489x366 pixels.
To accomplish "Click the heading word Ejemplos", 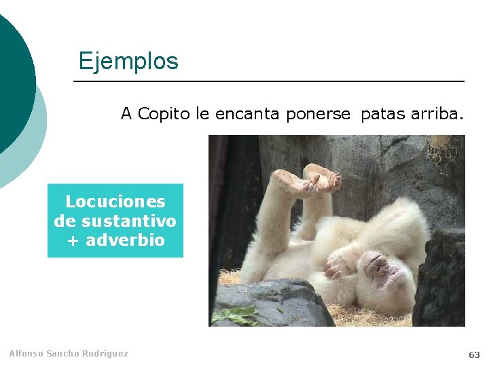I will (x=128, y=61).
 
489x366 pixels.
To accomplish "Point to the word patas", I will (x=383, y=114).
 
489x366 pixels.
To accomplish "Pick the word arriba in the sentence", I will (x=437, y=114).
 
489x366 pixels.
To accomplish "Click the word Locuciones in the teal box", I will (x=115, y=202).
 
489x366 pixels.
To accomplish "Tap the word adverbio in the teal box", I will (x=125, y=240).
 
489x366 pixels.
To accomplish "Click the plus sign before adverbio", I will (x=73, y=241).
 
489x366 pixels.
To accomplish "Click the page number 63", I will (x=474, y=354).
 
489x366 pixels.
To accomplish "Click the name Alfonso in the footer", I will (x=26, y=354).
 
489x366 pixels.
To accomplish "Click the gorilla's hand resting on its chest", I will (x=340, y=264).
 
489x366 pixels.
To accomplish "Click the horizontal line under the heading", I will (x=269, y=81).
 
